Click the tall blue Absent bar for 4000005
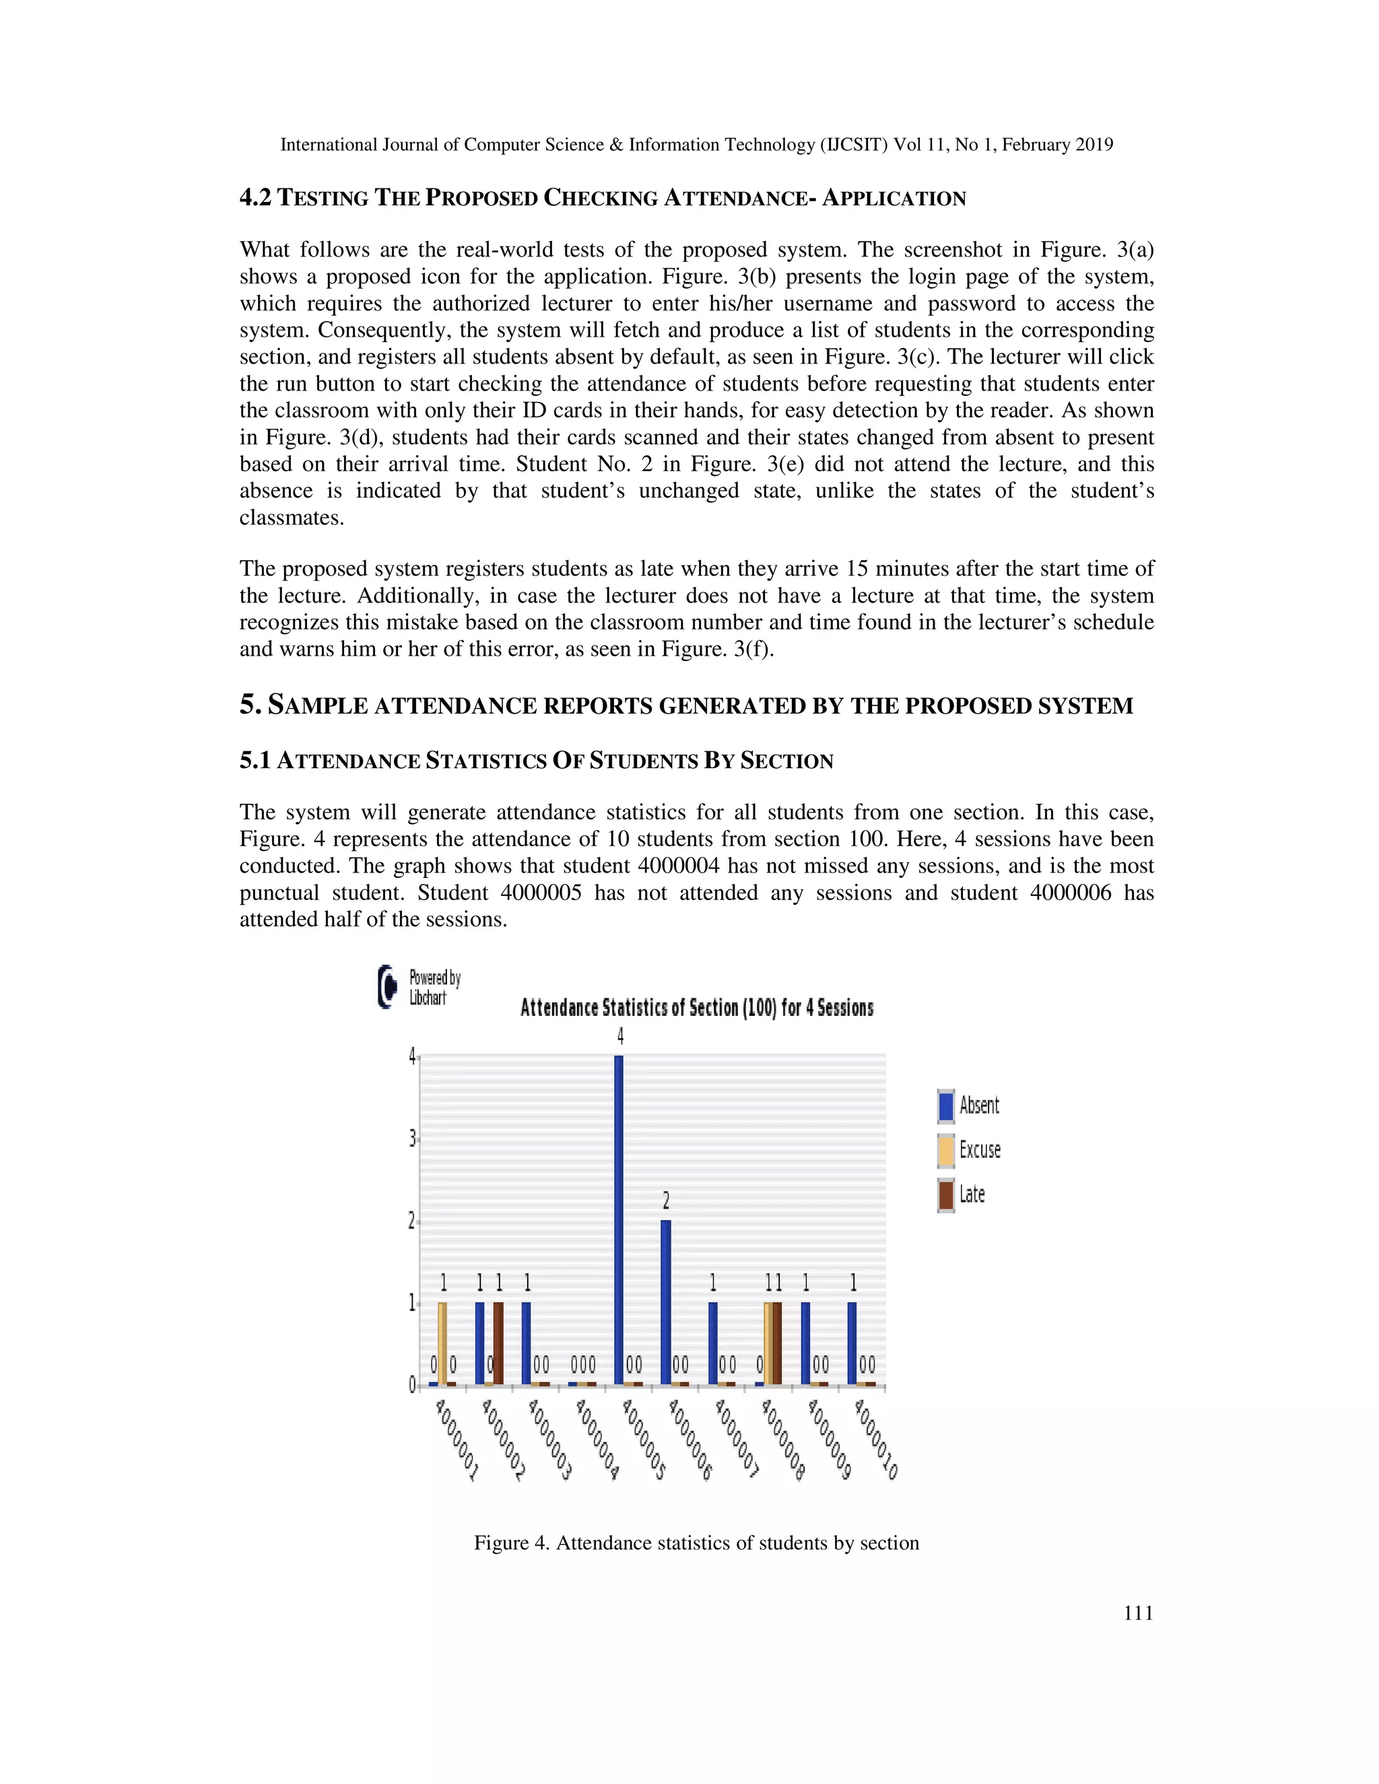tap(618, 1221)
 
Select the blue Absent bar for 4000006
tap(666, 1303)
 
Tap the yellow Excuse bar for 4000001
tap(442, 1344)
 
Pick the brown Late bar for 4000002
tap(498, 1344)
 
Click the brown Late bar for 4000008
tap(777, 1344)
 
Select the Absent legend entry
tap(970, 1106)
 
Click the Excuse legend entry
tap(970, 1150)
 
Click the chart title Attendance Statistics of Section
tap(696, 1007)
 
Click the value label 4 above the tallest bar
tap(620, 1036)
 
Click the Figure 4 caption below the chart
tap(696, 1542)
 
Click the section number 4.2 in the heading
tap(255, 198)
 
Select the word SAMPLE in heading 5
tap(318, 705)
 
